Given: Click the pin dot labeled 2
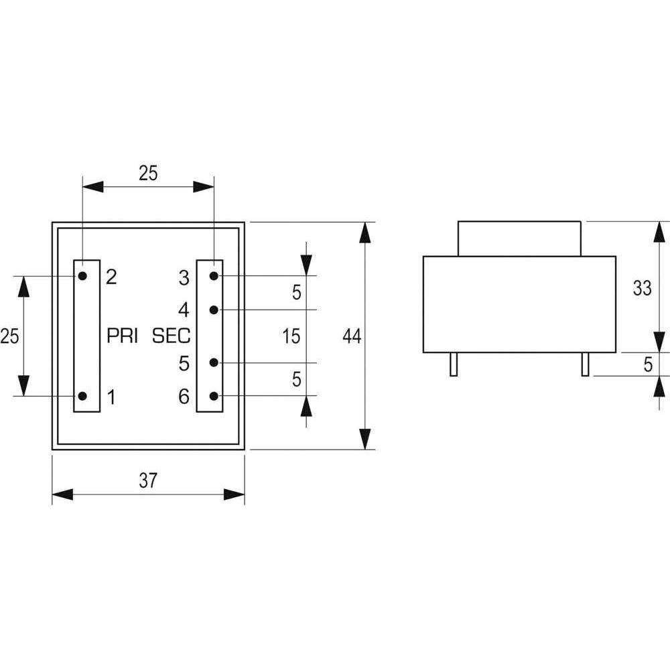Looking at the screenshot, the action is pyautogui.click(x=83, y=276).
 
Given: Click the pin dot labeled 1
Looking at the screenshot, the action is pyautogui.click(x=83, y=396).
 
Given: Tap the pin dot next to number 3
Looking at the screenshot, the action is pyautogui.click(x=214, y=276).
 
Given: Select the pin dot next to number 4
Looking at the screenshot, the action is pyautogui.click(x=214, y=310).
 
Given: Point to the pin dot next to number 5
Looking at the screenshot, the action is pyautogui.click(x=214, y=362).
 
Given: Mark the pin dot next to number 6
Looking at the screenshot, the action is pyautogui.click(x=214, y=396).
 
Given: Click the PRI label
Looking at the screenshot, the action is pyautogui.click(x=122, y=336).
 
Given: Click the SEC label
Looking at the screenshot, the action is pyautogui.click(x=172, y=336).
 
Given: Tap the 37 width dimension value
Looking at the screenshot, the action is pyautogui.click(x=148, y=480).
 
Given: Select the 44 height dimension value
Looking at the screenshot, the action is pyautogui.click(x=352, y=336).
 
